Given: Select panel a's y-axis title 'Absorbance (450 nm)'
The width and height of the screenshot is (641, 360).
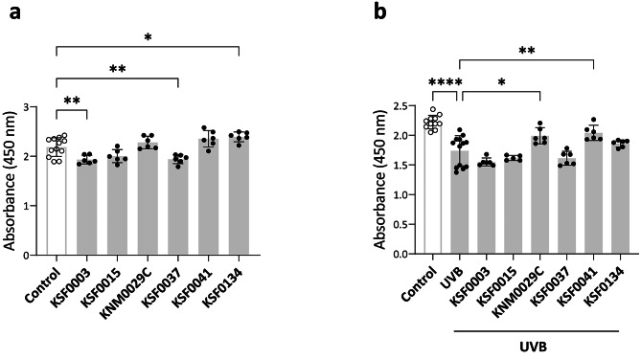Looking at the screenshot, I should click(11, 182).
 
